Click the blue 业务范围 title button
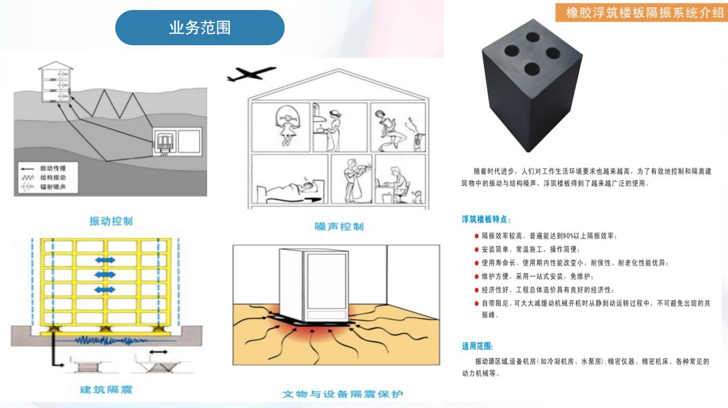coord(200,28)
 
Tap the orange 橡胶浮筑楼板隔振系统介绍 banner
coord(642,12)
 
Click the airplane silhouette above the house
coord(251,74)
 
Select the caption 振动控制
coord(111,221)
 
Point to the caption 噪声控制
coord(339,227)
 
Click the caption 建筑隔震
coord(106,390)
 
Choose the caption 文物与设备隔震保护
coord(342,394)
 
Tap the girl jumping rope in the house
coord(287,127)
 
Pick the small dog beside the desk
coord(417,197)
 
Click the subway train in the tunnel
coord(165,142)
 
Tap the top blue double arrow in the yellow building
coord(105,260)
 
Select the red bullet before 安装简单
coord(477,249)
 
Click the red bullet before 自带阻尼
coord(477,303)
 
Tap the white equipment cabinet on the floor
coord(314,286)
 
